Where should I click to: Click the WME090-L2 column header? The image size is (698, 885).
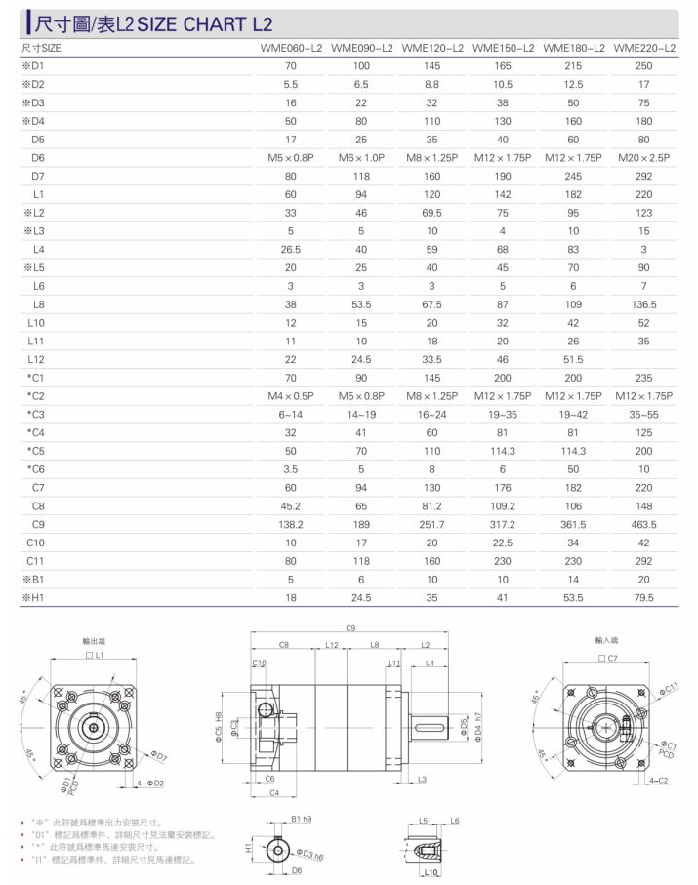(361, 48)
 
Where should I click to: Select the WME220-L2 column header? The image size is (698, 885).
(644, 48)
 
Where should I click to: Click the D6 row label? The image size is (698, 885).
(38, 158)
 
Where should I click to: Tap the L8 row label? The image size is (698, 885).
(38, 304)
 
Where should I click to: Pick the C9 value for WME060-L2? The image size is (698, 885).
(291, 524)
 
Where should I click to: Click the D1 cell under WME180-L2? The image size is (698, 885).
(573, 66)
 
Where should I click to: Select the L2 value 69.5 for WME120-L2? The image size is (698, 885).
(432, 213)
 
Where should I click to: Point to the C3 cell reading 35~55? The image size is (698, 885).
(643, 415)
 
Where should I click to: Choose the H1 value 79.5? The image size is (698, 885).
(643, 598)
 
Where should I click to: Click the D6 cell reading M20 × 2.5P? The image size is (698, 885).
(643, 158)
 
